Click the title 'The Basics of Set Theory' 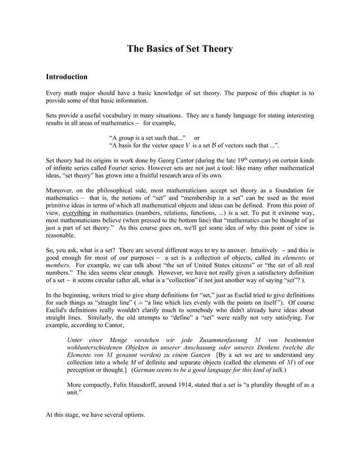[x=179, y=49]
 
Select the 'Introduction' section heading [x=67, y=76]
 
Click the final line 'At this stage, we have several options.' [x=95, y=415]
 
